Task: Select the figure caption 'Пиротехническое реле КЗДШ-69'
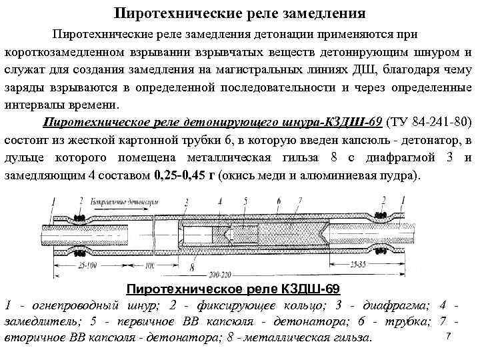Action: point(233,289)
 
